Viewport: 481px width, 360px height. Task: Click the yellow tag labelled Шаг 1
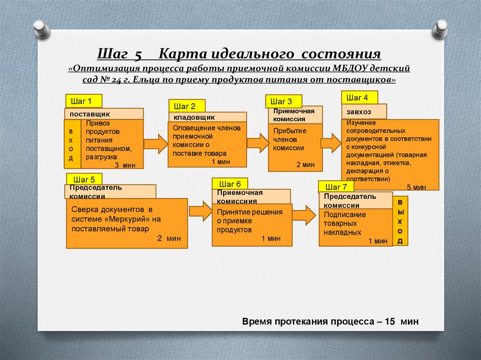[84, 101]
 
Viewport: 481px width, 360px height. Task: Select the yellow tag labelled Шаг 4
[359, 98]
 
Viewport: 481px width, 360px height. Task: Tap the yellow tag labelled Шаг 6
[230, 184]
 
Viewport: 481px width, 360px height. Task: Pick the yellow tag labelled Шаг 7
[336, 187]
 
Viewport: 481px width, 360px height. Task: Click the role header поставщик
[104, 114]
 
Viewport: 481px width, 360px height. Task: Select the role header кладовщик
[207, 117]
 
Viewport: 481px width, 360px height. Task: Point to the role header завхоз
[364, 112]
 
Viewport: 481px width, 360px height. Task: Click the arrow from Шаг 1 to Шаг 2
[155, 144]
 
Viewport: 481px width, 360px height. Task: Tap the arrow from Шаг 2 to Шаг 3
[258, 143]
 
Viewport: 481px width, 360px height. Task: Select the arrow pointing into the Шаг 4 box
[331, 143]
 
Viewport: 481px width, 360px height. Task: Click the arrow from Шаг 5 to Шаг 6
[201, 211]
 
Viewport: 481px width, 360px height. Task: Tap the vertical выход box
[400, 221]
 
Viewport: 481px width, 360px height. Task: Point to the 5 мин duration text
[416, 187]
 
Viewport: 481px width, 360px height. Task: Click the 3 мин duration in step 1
[124, 165]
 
